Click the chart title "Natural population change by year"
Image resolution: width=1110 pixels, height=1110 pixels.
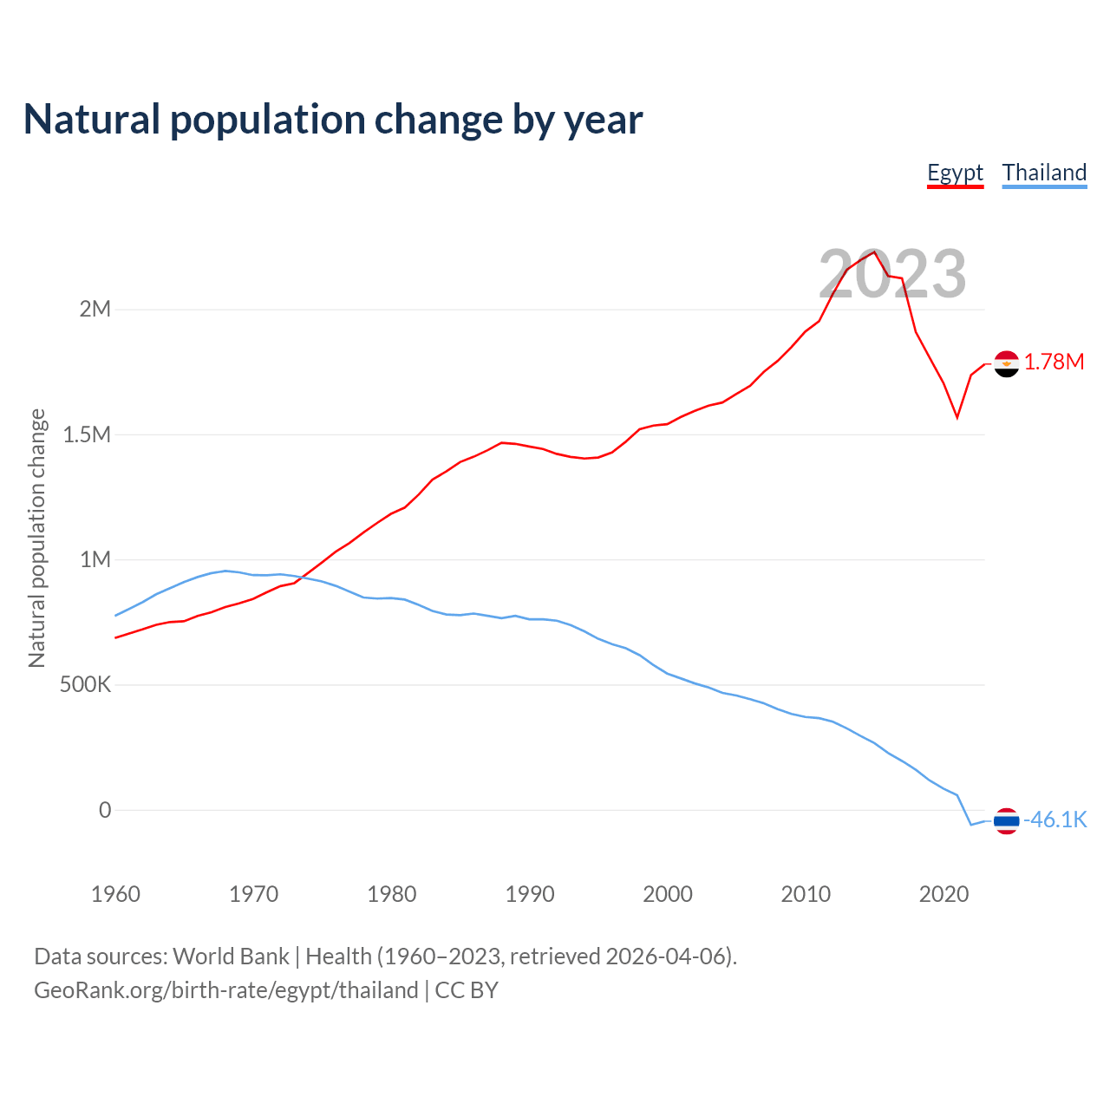[x=333, y=120]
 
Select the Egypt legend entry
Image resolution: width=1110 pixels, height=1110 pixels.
[x=955, y=173]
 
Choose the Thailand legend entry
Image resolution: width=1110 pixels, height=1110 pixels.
[x=1044, y=173]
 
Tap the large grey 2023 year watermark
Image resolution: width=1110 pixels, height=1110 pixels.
[x=892, y=274]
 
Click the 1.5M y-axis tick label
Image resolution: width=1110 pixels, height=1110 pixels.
[x=87, y=434]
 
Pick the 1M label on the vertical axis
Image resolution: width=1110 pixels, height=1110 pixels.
[x=95, y=559]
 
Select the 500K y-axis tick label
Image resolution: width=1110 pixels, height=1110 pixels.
[x=86, y=685]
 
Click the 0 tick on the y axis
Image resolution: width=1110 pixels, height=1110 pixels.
[x=105, y=810]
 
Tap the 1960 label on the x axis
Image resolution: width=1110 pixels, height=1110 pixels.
[x=115, y=894]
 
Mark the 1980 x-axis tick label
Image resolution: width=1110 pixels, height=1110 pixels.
[x=392, y=894]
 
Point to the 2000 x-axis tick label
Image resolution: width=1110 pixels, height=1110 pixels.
[x=668, y=894]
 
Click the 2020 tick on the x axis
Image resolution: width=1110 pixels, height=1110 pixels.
[x=943, y=894]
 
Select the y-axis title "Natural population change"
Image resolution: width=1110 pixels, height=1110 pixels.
[x=37, y=539]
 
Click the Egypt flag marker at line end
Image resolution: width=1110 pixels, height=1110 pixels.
[x=1006, y=364]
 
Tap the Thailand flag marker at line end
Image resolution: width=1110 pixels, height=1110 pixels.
[x=1006, y=820]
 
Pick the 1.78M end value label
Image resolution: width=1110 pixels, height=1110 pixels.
[x=1054, y=362]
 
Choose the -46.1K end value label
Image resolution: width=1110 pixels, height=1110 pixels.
[x=1055, y=820]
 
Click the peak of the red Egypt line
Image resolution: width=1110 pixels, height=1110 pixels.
[x=874, y=251]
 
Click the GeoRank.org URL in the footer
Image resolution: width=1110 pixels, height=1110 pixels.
[x=226, y=990]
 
